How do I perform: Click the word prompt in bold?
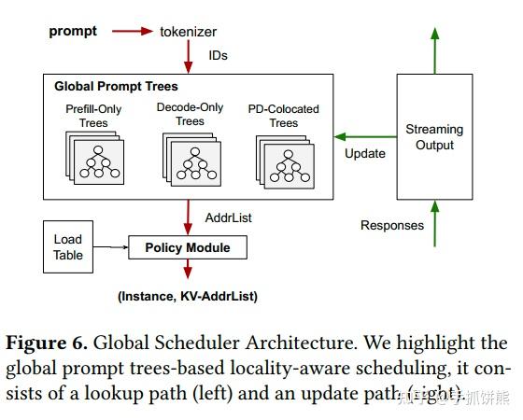(72, 31)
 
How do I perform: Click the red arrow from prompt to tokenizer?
(132, 31)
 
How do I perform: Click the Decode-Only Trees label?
(190, 114)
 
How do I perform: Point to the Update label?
(364, 154)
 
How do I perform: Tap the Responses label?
(391, 225)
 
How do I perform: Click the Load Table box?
(68, 247)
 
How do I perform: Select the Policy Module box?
(187, 247)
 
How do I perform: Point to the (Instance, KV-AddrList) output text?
(187, 296)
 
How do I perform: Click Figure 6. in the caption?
(47, 343)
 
